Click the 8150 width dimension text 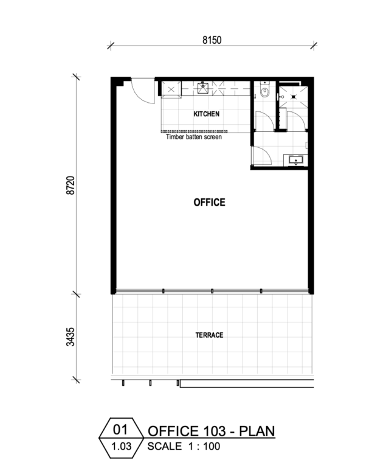[x=212, y=40]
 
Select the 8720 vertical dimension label [x=71, y=186]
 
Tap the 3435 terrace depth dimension [x=71, y=336]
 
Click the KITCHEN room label [x=207, y=114]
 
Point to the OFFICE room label [x=209, y=202]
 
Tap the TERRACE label [x=209, y=335]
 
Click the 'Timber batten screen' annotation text [x=194, y=137]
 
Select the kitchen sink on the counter [x=203, y=88]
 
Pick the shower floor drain [x=294, y=97]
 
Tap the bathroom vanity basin [x=296, y=160]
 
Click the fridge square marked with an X [x=171, y=89]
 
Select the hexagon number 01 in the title [x=120, y=429]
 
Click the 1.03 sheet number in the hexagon [x=122, y=446]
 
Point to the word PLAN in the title [x=257, y=431]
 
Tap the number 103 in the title [x=212, y=431]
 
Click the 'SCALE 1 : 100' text [x=184, y=446]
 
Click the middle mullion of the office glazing [x=212, y=291]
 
